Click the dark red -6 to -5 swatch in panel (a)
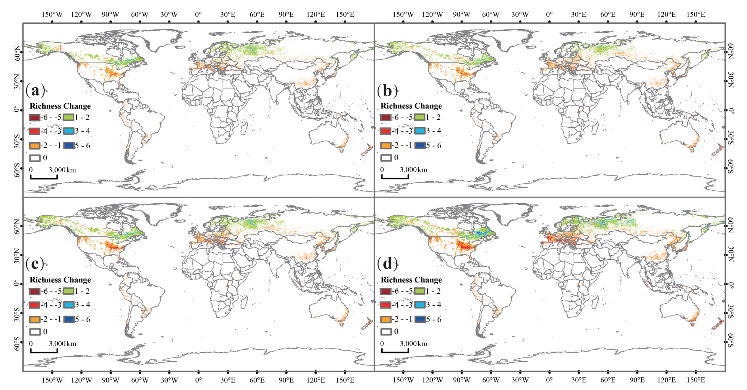point(34,118)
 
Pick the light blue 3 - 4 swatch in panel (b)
point(420,131)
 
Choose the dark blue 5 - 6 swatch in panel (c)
point(69,319)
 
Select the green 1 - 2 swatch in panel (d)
point(420,291)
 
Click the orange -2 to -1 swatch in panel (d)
point(386,319)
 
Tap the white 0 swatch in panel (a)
point(35,158)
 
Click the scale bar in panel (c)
point(44,351)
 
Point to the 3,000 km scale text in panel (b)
point(413,170)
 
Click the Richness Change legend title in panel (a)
point(60,106)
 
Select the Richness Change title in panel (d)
point(411,280)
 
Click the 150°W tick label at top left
point(52,15)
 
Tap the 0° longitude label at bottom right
point(549,380)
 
